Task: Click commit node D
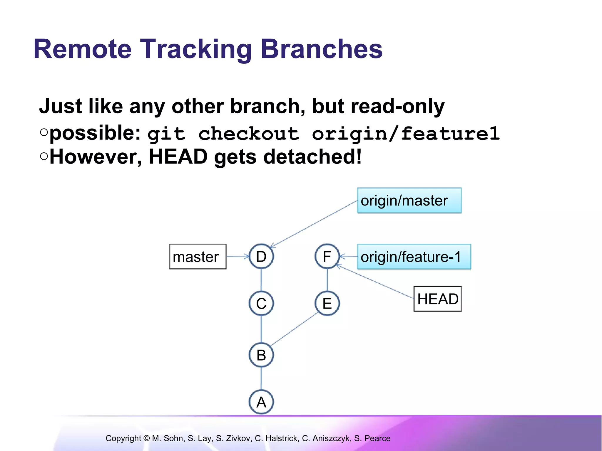click(261, 256)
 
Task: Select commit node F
click(327, 256)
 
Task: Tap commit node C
click(261, 303)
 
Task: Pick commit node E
click(327, 303)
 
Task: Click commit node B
click(261, 355)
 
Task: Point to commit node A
click(261, 402)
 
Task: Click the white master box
click(198, 257)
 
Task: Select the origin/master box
click(409, 201)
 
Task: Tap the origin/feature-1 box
click(414, 257)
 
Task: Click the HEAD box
click(438, 299)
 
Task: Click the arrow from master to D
click(238, 256)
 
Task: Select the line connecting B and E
click(294, 329)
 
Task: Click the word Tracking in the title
click(195, 49)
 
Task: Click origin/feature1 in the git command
click(406, 134)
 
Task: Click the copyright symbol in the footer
click(147, 438)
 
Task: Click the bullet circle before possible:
click(44, 132)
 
